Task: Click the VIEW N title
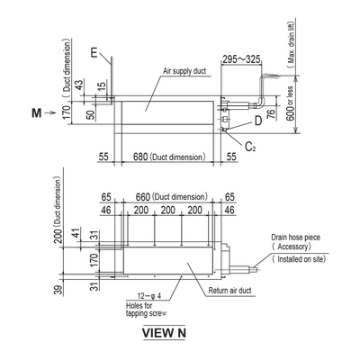tap(164, 333)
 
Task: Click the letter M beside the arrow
tap(37, 113)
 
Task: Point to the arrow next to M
tap(49, 113)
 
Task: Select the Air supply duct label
tap(184, 71)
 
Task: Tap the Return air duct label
tap(229, 291)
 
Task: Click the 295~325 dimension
tap(241, 59)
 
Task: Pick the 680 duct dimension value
tap(140, 157)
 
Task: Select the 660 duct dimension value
tap(143, 197)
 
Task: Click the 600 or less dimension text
tap(290, 103)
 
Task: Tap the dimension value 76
tap(271, 113)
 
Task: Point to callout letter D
tap(258, 121)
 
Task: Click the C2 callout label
tap(250, 147)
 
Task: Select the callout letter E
tap(94, 53)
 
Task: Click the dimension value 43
tap(78, 85)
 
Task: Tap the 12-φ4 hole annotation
tap(149, 296)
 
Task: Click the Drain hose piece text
tap(295, 238)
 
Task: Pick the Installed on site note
tap(299, 259)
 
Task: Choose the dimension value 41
tap(76, 233)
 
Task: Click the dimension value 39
tap(58, 290)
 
